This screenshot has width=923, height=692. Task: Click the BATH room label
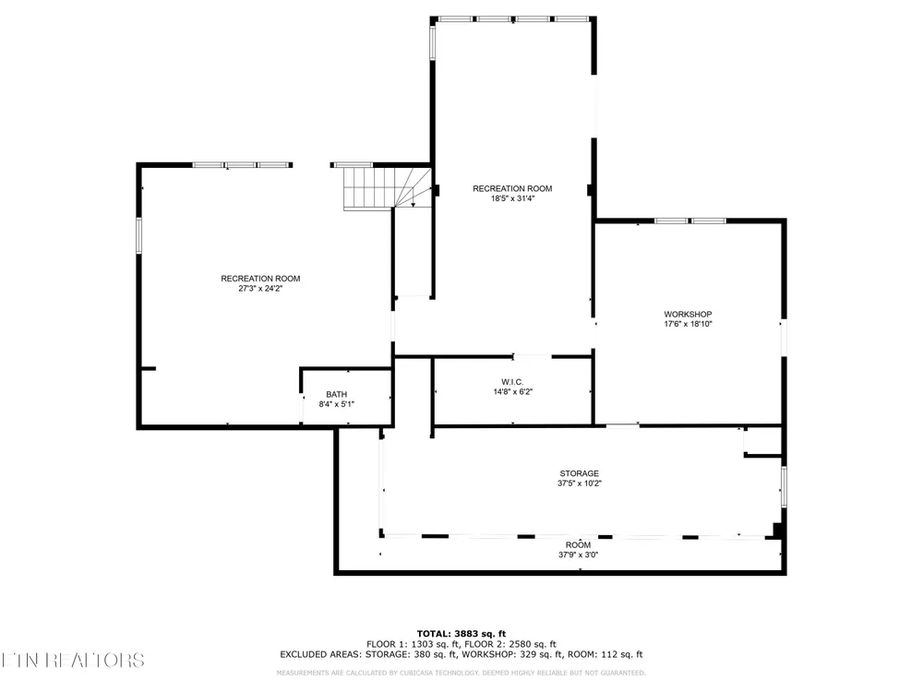(x=337, y=394)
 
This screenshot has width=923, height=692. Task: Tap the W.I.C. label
(x=512, y=382)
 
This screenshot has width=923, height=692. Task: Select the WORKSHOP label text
(x=689, y=315)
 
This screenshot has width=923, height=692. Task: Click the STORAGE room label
(x=580, y=473)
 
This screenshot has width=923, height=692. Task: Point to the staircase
(x=388, y=188)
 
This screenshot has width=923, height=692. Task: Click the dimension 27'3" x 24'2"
(x=261, y=288)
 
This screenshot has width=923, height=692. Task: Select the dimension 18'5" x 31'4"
(x=512, y=198)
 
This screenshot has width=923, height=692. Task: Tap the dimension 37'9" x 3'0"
(x=579, y=555)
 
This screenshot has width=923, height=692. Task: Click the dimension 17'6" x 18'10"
(x=689, y=324)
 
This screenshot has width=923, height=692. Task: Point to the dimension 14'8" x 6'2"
(x=512, y=391)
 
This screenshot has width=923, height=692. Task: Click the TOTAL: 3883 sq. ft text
(x=461, y=634)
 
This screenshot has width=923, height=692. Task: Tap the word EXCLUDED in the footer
(x=303, y=654)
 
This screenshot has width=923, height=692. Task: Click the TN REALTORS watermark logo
(x=72, y=661)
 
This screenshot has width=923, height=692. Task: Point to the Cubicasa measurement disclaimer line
(x=461, y=673)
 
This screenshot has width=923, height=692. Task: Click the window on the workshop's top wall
(x=690, y=221)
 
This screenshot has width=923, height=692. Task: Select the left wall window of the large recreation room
(x=139, y=235)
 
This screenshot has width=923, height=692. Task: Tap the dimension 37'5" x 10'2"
(x=580, y=483)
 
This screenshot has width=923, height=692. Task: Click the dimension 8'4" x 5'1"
(x=337, y=404)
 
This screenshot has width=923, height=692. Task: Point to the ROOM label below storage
(x=578, y=545)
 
